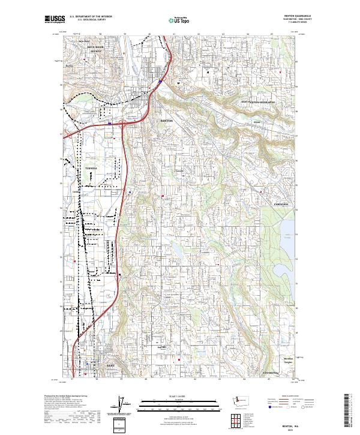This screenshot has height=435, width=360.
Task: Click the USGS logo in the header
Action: (55, 20)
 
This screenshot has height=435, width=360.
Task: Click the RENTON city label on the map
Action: (166, 121)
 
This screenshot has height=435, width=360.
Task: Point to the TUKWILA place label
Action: (90, 168)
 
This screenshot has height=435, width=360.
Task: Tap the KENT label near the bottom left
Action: (92, 365)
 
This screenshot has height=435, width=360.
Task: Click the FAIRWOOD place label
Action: (281, 205)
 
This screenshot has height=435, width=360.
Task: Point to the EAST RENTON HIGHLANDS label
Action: (257, 103)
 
